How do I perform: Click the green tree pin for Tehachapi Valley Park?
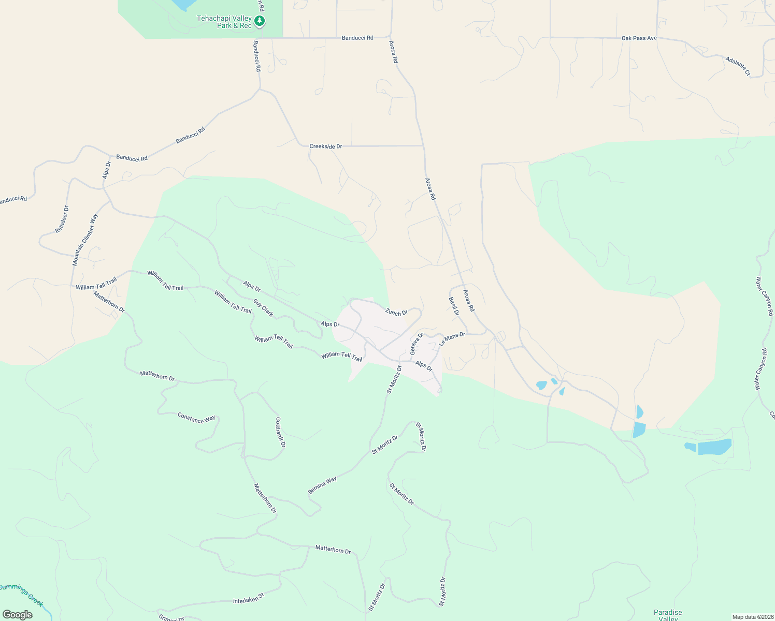click(260, 21)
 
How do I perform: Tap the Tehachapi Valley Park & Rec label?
click(224, 22)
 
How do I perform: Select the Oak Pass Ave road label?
click(639, 38)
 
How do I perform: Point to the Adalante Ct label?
click(738, 67)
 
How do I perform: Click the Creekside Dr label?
click(325, 146)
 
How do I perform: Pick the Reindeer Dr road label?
click(62, 219)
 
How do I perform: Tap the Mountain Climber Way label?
click(85, 240)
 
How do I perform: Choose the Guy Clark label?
click(263, 307)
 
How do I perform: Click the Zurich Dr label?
click(396, 312)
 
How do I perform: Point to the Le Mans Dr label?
click(452, 339)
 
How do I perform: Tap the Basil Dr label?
click(454, 306)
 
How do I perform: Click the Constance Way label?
click(196, 418)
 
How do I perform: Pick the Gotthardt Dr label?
click(280, 432)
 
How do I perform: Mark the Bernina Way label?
click(322, 485)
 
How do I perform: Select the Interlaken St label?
click(249, 598)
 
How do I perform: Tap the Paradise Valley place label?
click(668, 615)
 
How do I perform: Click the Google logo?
click(17, 615)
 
